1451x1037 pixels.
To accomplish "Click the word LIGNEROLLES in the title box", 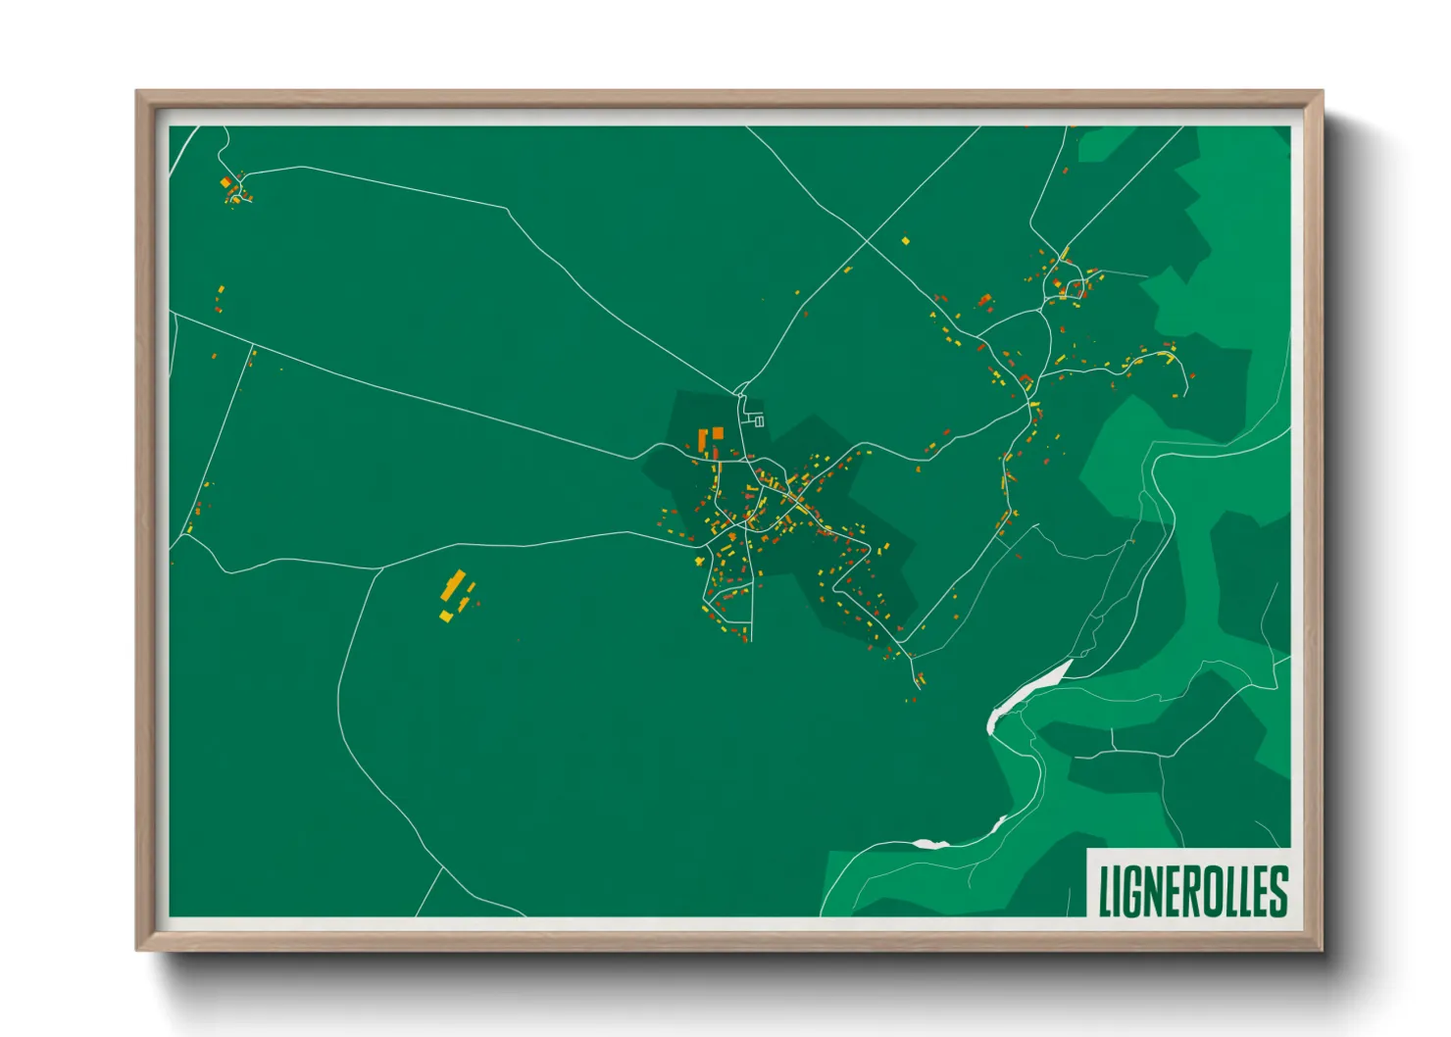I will (x=1192, y=891).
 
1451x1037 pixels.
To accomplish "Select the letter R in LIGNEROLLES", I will (x=1189, y=892).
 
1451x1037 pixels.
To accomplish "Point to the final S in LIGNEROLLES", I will (x=1277, y=892).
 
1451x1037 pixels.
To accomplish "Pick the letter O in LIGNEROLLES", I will (x=1212, y=892).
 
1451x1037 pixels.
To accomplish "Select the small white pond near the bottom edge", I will (x=929, y=843).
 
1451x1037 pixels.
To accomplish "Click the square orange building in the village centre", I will (x=718, y=432).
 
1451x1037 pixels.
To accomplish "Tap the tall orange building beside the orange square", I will (x=702, y=438).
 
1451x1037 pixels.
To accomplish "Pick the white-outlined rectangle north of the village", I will (x=759, y=421).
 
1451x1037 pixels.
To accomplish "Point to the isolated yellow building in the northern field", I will (x=905, y=240).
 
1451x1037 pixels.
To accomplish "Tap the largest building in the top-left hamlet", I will (x=225, y=182).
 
